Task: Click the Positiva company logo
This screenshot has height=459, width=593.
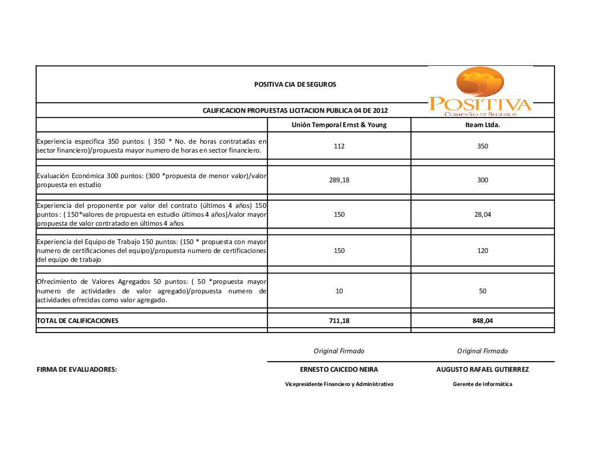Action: (480, 92)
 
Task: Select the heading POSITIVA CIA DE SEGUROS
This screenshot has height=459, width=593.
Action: (295, 84)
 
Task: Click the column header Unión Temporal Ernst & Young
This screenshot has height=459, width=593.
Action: (339, 125)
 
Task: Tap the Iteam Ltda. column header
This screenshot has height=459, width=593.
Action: (482, 125)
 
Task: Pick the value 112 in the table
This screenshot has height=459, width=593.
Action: (339, 146)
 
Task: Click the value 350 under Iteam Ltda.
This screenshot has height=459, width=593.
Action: (483, 146)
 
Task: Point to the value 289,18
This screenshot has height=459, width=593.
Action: (339, 180)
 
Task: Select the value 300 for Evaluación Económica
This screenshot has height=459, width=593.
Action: (483, 180)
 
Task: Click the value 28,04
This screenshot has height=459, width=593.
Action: (483, 214)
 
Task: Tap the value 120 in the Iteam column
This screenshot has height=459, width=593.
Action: (483, 251)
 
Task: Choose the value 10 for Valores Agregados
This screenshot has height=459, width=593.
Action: (339, 291)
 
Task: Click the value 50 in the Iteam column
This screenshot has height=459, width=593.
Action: (483, 291)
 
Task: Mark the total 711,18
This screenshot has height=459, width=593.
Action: (339, 321)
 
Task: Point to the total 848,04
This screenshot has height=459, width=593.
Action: (483, 321)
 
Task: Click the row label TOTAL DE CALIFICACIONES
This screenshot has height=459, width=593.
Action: (78, 321)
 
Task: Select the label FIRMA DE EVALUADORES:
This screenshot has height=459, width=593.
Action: (77, 369)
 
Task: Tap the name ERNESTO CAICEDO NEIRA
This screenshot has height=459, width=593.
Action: (339, 369)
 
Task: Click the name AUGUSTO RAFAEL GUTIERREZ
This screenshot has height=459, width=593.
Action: (483, 369)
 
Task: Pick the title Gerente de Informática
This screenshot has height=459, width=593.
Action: (483, 384)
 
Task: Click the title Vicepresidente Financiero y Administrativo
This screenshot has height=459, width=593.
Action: (339, 384)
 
